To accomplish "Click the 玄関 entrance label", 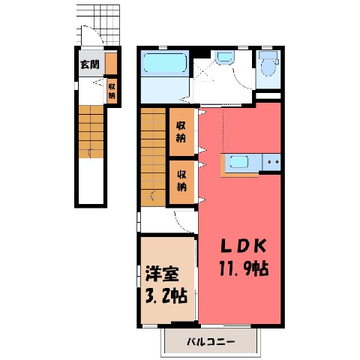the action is point(89,64).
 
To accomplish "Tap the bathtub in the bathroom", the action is point(165,63).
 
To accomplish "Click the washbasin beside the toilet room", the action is point(224,58).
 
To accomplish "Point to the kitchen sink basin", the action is point(239,162).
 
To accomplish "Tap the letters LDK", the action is point(243,247).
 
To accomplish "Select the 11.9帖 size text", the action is point(244,268).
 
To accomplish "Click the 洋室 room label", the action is point(162,274).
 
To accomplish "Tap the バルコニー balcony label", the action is point(211,341).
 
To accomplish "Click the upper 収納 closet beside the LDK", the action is point(181,132).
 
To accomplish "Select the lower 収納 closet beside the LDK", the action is point(181,182).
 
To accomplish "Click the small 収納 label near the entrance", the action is point(112,91).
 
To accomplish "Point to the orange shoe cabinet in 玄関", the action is point(111,64).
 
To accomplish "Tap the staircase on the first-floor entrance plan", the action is point(91,132).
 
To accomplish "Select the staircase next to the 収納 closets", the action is point(153,157).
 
